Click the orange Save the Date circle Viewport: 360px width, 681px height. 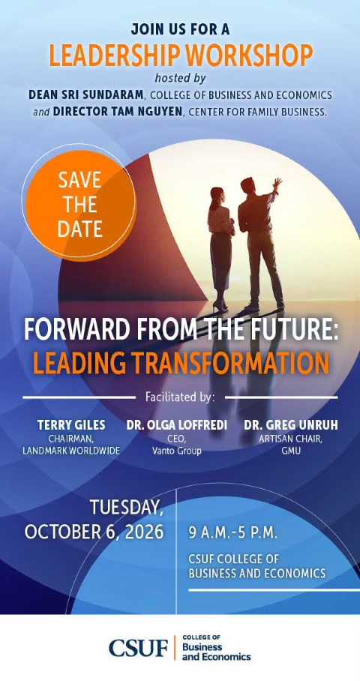(x=79, y=205)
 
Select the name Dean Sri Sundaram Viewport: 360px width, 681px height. (x=86, y=94)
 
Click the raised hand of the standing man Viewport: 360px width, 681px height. (x=277, y=182)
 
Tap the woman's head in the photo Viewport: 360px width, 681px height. (x=217, y=193)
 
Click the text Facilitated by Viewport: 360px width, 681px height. (x=180, y=397)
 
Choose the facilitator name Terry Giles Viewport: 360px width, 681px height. (x=71, y=425)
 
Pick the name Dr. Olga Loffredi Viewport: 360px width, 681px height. (x=177, y=425)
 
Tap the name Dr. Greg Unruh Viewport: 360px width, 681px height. (x=290, y=425)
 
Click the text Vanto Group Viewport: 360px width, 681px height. (x=177, y=451)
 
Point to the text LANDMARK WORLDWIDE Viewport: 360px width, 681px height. (x=71, y=451)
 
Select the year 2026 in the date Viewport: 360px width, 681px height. (x=144, y=532)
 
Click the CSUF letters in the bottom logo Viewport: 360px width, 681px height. (x=138, y=648)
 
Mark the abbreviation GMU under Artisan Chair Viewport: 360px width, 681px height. (x=290, y=451)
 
